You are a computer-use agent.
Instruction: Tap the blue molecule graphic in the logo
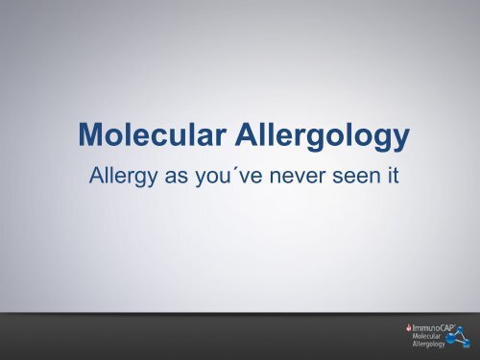[x=459, y=338]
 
